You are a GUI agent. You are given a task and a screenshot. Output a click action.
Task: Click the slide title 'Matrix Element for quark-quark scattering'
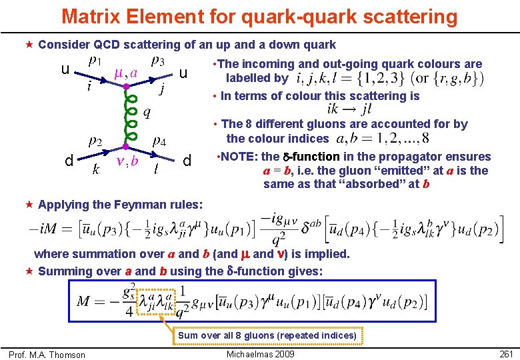259,16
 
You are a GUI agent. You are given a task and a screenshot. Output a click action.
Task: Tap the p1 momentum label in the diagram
95,62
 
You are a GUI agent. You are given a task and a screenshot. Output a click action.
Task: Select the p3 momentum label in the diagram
158,61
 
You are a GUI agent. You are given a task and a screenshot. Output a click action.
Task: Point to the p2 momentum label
95,141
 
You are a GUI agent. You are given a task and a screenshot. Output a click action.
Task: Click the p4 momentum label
159,141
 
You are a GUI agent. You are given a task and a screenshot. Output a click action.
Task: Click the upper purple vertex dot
126,86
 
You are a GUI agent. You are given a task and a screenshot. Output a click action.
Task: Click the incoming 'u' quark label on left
65,70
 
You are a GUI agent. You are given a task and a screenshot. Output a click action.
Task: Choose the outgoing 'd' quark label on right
187,161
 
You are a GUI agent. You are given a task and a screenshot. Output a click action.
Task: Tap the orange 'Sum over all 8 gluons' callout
267,335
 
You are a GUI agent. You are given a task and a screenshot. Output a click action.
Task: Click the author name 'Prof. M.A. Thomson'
47,355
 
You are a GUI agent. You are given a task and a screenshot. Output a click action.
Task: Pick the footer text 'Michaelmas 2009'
261,354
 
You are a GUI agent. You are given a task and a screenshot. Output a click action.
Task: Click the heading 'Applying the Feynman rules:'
120,204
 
